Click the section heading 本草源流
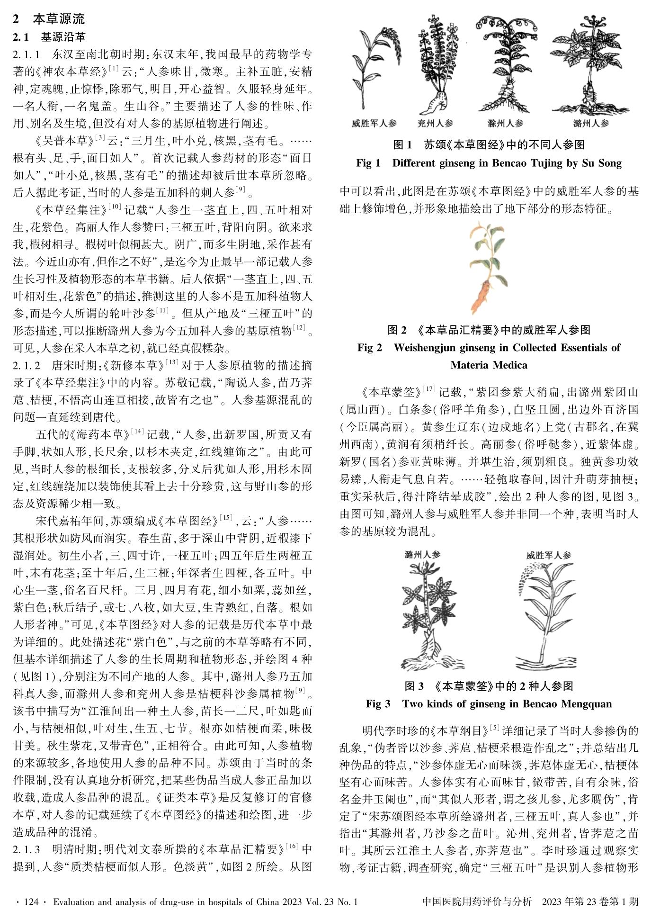[x=59, y=19]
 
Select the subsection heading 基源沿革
[x=63, y=36]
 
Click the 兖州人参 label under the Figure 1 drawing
[x=435, y=124]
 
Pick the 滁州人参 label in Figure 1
[x=505, y=124]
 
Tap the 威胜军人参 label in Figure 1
[x=374, y=124]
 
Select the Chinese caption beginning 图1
[x=489, y=145]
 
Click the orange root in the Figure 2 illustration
[x=482, y=295]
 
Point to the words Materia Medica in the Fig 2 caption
[x=489, y=365]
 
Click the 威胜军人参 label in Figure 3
[x=548, y=555]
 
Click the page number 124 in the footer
[x=30, y=901]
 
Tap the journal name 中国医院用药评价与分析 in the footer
[x=476, y=901]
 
